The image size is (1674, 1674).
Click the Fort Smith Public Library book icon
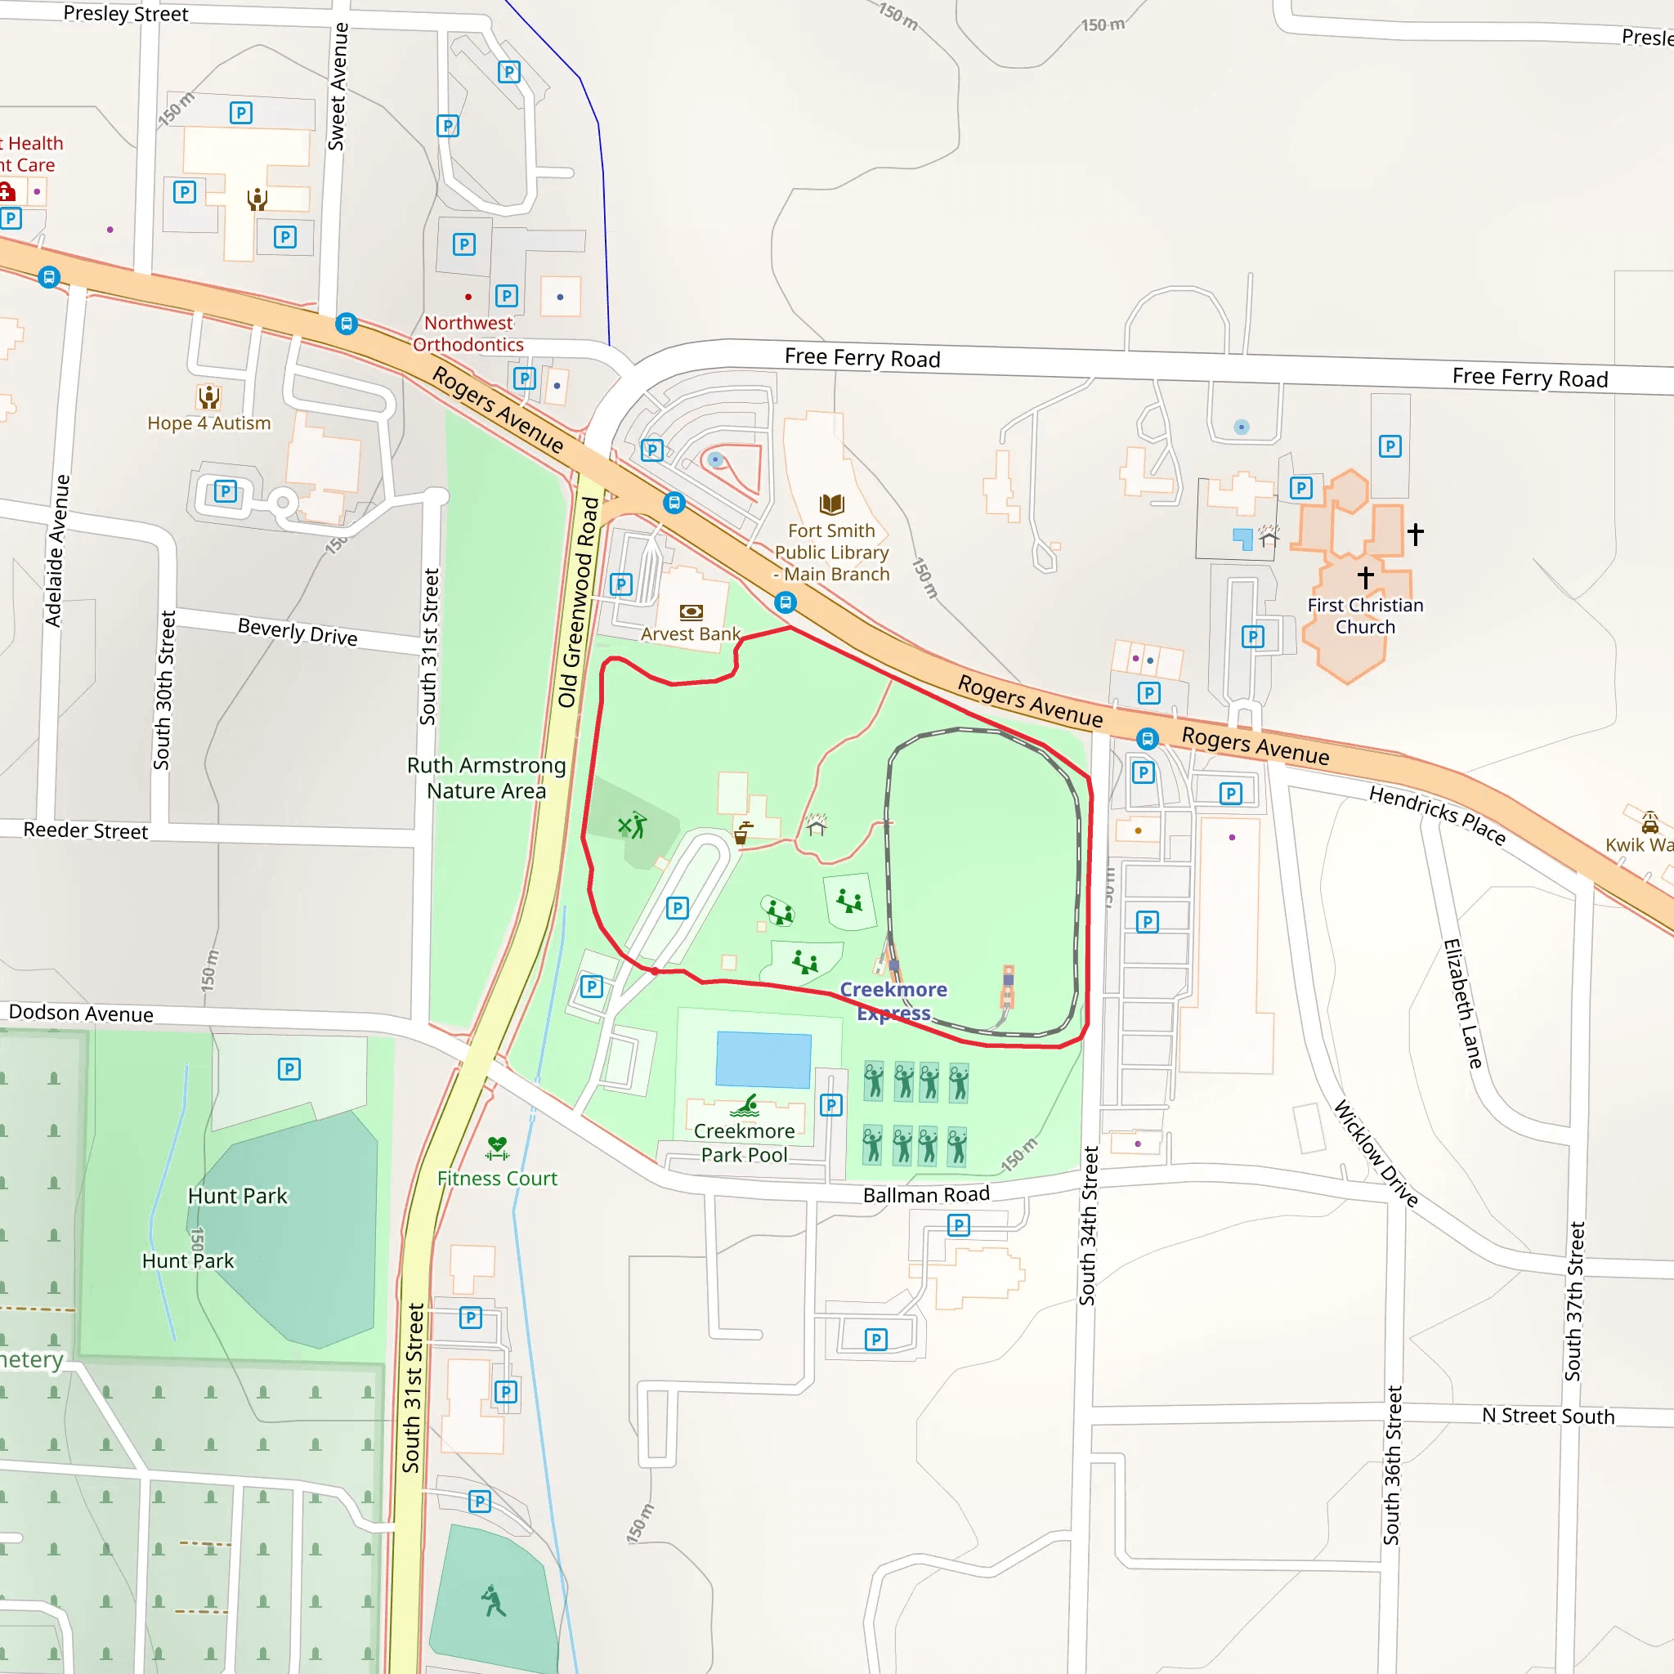tap(831, 504)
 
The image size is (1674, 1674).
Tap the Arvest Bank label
tap(691, 633)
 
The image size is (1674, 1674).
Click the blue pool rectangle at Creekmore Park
tap(763, 1059)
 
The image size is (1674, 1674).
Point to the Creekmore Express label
tap(893, 1000)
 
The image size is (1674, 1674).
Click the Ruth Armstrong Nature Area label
tap(486, 777)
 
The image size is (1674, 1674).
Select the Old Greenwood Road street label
tap(579, 602)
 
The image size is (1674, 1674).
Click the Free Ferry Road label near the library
tap(862, 358)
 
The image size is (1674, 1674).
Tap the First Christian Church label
tap(1365, 615)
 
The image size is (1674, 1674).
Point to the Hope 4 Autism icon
tap(208, 396)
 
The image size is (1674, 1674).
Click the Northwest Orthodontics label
tap(468, 333)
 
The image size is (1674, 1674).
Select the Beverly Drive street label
tap(298, 632)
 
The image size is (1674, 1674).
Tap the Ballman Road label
tap(925, 1195)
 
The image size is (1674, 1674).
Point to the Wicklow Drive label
tap(1375, 1153)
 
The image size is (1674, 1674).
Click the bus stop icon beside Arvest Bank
tap(785, 602)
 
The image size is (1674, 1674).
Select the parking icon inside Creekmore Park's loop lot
tap(678, 908)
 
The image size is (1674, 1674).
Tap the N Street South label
tap(1547, 1416)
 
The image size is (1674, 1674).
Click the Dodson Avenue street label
tap(81, 1013)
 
